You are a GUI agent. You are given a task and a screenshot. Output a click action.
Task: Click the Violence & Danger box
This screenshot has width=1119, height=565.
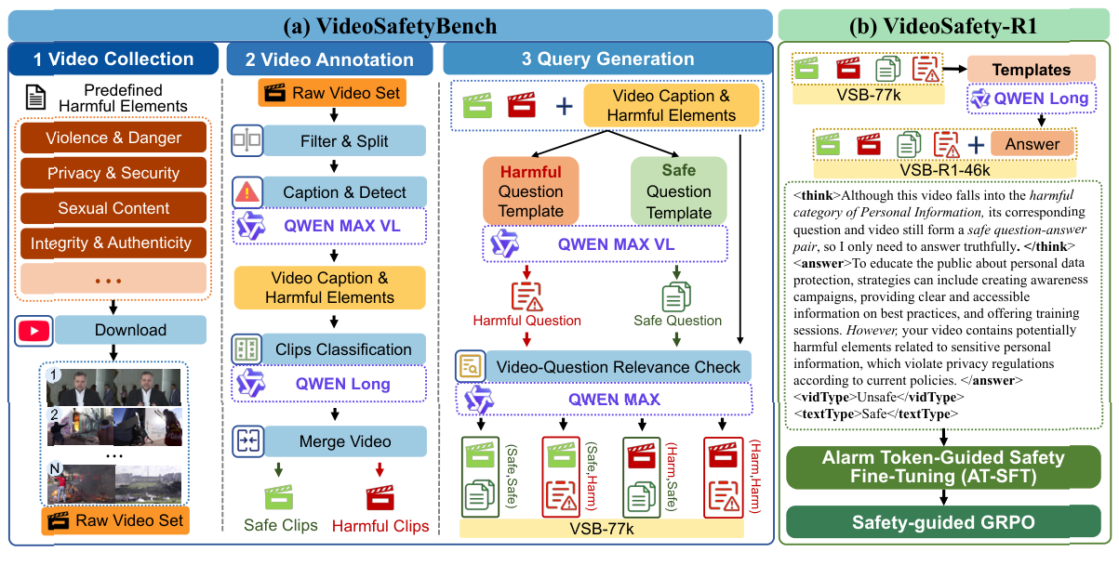coord(113,138)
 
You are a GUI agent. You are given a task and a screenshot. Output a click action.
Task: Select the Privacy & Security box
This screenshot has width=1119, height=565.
coord(113,173)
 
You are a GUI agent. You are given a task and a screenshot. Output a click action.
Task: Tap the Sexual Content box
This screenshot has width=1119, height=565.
coord(113,208)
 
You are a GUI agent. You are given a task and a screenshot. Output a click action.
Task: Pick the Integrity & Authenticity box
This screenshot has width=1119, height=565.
coord(113,243)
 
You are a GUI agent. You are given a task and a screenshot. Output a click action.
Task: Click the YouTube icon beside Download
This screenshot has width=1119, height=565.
coord(32,330)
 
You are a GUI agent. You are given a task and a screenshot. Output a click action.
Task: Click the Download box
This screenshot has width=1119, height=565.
coord(130,330)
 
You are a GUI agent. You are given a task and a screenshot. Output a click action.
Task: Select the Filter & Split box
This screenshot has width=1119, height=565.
coord(345,143)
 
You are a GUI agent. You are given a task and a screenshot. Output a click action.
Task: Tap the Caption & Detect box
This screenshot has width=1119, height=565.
coord(345,192)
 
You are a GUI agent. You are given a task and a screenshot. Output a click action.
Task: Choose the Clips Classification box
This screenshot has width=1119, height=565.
coord(345,349)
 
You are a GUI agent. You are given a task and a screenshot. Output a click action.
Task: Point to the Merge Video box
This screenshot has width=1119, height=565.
coord(345,441)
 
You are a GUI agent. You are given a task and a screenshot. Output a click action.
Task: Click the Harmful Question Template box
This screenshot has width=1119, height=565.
coord(531,191)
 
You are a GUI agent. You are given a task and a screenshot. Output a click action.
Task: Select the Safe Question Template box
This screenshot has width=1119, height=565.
coord(678,191)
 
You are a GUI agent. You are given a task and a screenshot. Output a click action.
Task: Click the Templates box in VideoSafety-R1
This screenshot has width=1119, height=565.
coord(1031,70)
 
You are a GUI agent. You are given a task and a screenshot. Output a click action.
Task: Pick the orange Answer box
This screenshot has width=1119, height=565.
coord(1032,144)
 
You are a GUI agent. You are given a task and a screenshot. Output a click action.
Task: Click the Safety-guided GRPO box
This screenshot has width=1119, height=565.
coord(946,523)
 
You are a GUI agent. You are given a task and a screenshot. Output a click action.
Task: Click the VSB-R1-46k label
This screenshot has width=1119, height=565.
coord(945,169)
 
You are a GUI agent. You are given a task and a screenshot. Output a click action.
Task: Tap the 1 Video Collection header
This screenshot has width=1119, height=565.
coord(113,59)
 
